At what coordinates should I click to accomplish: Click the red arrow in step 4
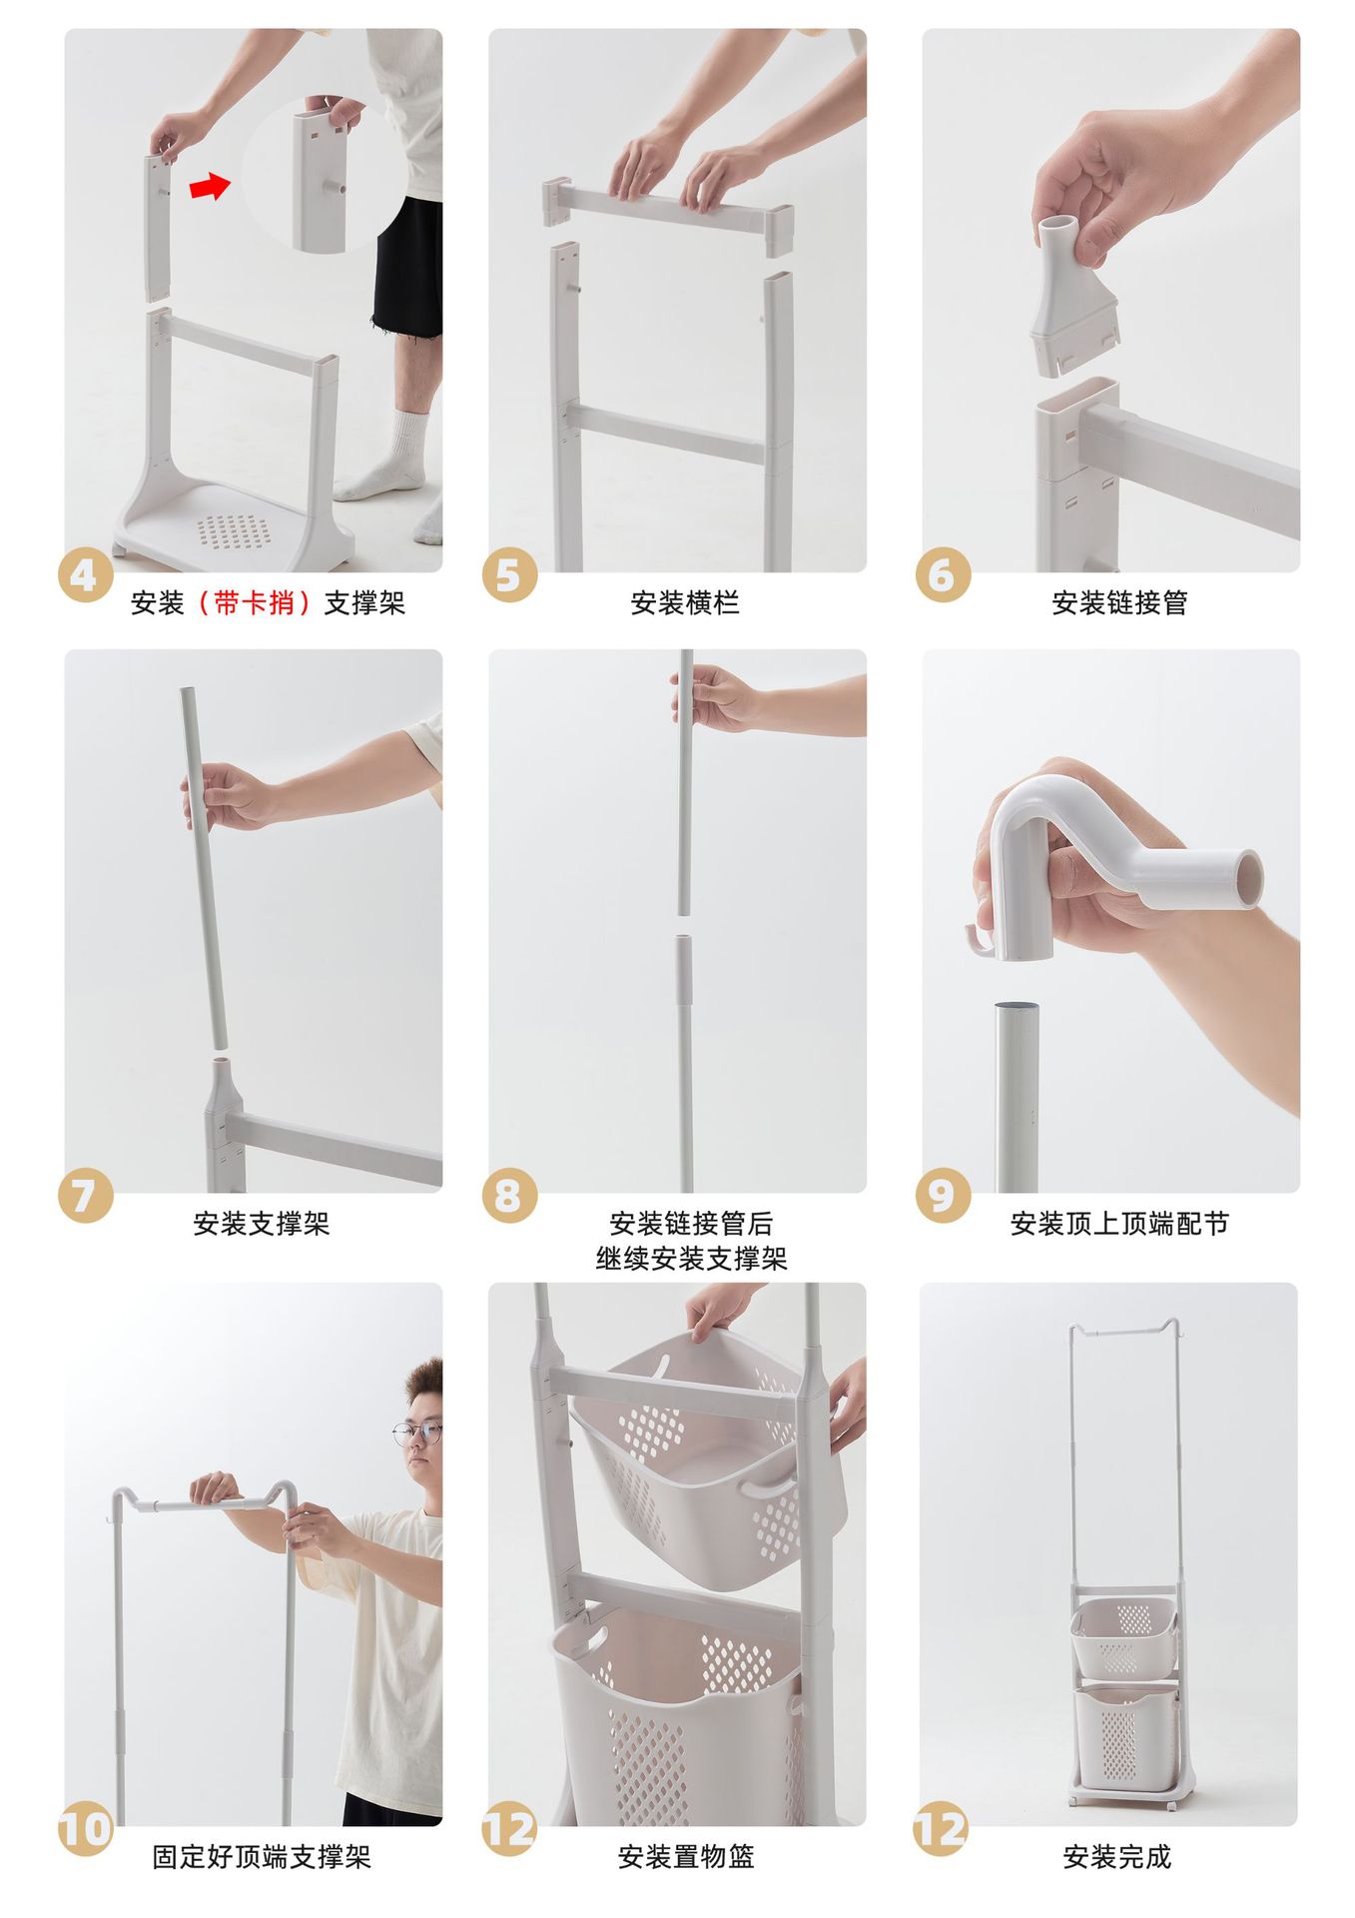[210, 185]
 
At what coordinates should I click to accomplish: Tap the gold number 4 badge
[85, 574]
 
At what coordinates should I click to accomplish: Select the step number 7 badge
[85, 1195]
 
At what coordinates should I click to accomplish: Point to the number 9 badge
[943, 1195]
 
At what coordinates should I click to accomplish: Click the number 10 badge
[85, 1828]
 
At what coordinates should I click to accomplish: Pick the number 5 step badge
[509, 574]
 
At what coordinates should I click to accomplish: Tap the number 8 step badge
[509, 1195]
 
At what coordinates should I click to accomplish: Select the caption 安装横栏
[685, 603]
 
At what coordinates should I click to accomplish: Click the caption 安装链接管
[1119, 603]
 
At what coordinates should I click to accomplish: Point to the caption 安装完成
[1116, 1857]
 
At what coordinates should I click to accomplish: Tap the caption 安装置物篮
[686, 1857]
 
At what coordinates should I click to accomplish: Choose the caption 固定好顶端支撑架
[262, 1857]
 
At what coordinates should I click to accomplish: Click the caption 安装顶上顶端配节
[1119, 1224]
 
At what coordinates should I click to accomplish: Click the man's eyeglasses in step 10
[416, 1434]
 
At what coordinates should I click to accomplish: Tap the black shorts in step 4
[407, 268]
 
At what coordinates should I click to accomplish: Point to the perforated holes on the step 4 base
[233, 531]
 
